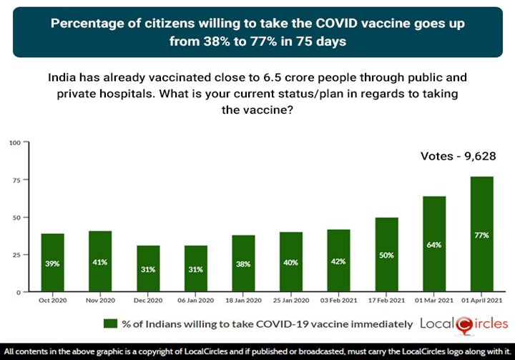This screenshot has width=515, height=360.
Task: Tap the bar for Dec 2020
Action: point(148,268)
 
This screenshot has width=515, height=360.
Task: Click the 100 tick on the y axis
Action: point(14,142)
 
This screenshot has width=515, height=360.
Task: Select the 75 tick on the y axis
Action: point(15,180)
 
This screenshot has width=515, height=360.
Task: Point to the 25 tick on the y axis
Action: point(15,255)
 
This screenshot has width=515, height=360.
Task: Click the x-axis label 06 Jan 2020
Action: point(197,301)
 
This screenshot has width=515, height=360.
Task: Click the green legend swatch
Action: point(110,323)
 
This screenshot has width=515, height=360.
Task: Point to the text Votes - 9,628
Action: point(457,156)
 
